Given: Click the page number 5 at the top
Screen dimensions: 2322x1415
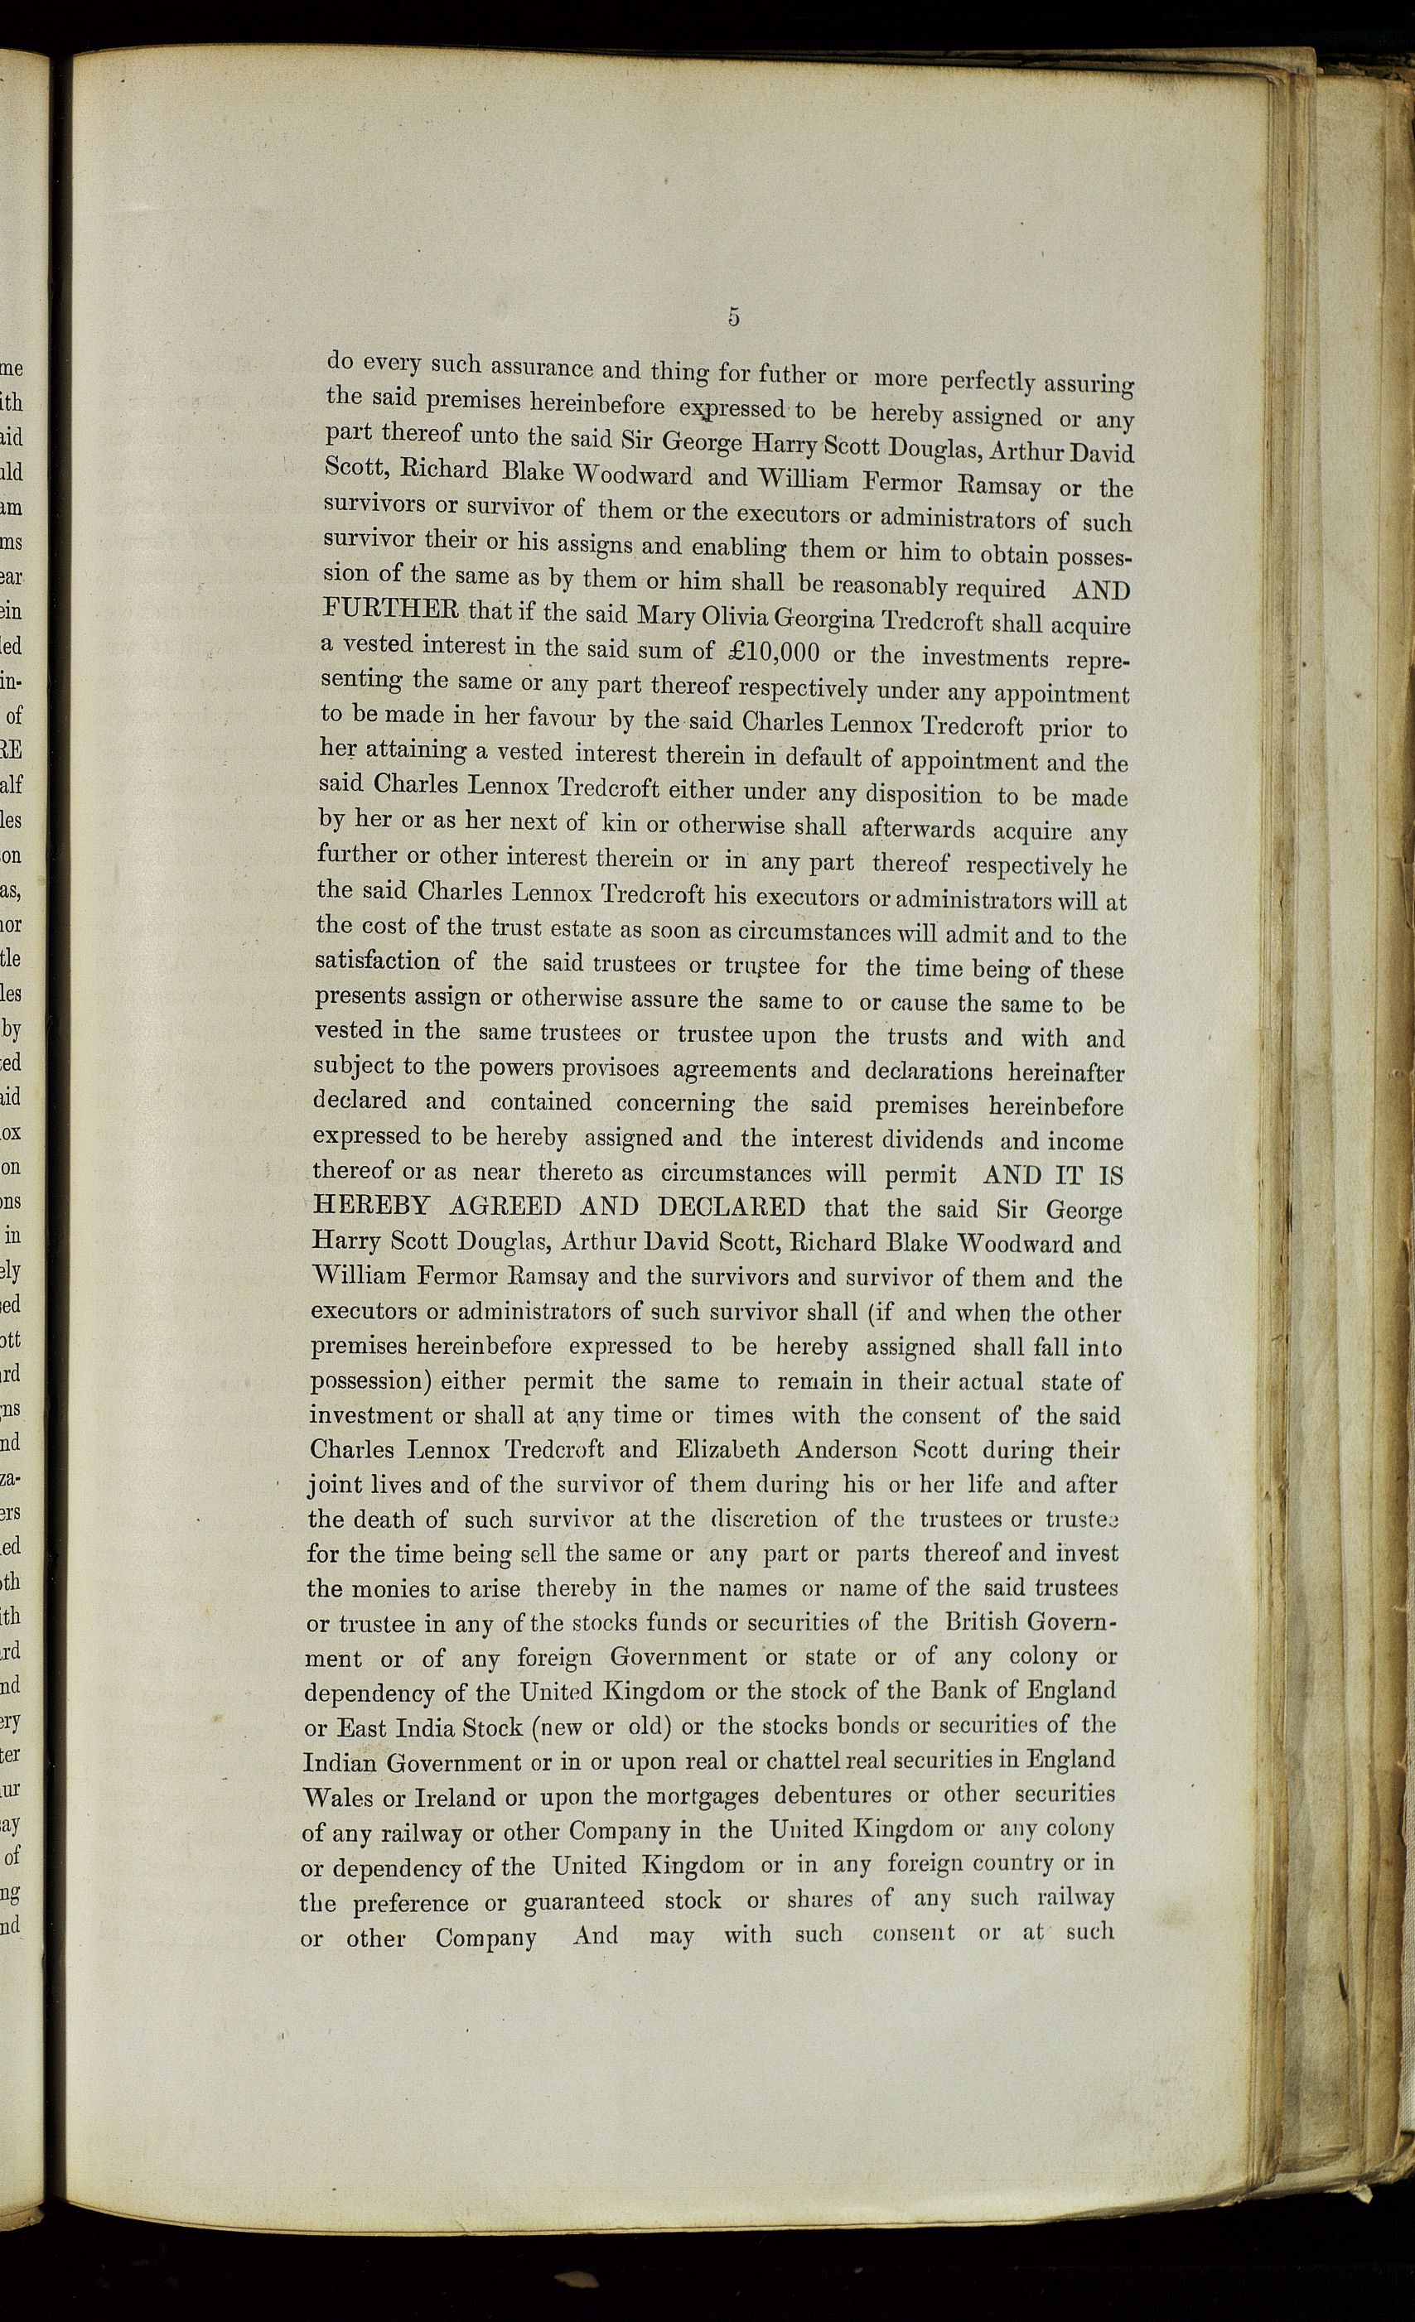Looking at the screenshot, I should point(732,318).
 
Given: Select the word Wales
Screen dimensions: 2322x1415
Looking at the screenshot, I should point(344,1797).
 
